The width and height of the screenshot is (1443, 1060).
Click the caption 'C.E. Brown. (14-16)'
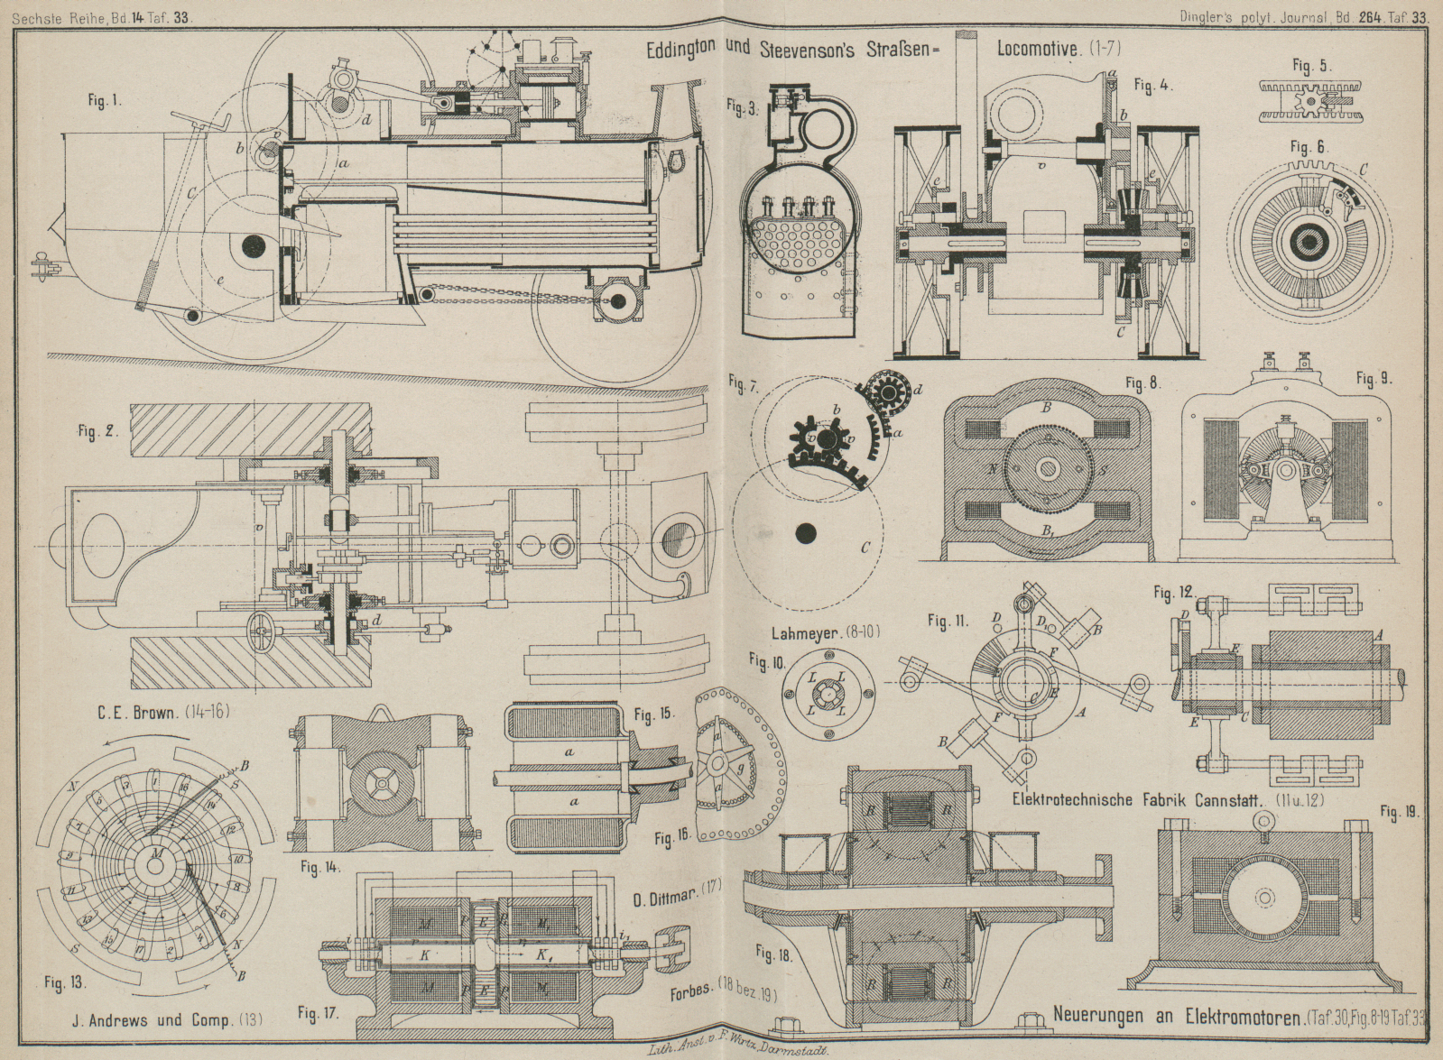pos(162,712)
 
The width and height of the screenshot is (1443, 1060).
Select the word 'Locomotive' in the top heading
pos(1038,49)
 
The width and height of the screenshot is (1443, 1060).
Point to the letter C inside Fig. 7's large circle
pos(865,548)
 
